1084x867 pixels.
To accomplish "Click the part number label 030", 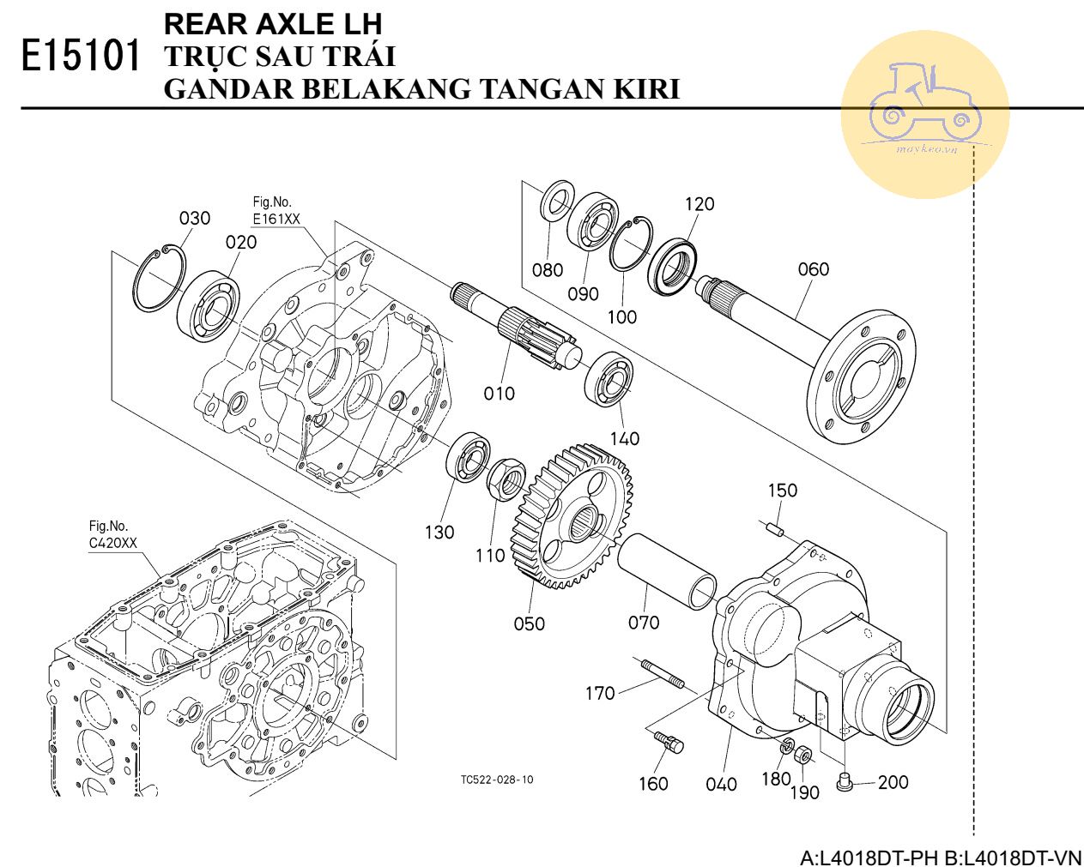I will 195,218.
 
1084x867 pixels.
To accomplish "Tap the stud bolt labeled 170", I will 661,671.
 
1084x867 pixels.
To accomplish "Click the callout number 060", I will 813,269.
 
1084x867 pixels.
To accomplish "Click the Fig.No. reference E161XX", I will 276,220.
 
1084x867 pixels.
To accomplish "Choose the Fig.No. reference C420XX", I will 113,543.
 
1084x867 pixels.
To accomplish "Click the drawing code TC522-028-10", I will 496,780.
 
